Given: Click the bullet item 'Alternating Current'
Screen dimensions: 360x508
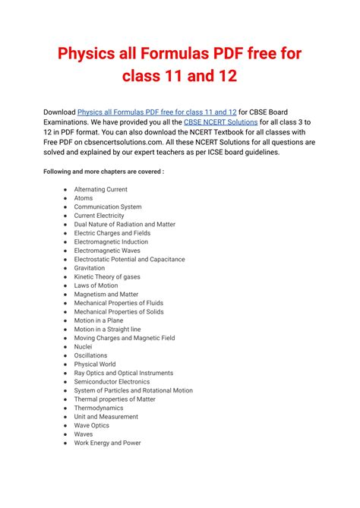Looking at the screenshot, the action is (100, 190).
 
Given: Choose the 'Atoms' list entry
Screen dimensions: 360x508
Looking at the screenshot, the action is (84, 198).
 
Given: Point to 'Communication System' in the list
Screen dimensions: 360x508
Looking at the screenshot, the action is (107, 207).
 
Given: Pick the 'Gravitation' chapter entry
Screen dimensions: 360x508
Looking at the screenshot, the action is (90, 268).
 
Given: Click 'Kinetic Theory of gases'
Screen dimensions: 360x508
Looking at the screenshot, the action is (107, 277).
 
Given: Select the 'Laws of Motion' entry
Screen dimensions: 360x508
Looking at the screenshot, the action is (96, 286).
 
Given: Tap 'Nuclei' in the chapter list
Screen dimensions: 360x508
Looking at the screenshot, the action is (83, 347).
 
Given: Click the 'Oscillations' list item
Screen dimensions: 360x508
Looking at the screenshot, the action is (90, 355).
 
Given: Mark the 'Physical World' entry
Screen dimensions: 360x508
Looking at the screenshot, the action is (95, 364).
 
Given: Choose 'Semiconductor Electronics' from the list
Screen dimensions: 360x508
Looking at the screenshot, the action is (112, 382).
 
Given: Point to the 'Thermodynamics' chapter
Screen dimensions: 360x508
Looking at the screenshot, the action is (98, 408).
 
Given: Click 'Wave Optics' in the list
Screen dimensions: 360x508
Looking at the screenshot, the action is (91, 426).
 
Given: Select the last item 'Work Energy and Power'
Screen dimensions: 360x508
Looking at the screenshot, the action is (107, 443).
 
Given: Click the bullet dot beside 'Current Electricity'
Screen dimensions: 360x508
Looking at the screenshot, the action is (66, 216).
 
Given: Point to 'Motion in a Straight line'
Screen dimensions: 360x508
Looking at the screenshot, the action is (107, 330).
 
